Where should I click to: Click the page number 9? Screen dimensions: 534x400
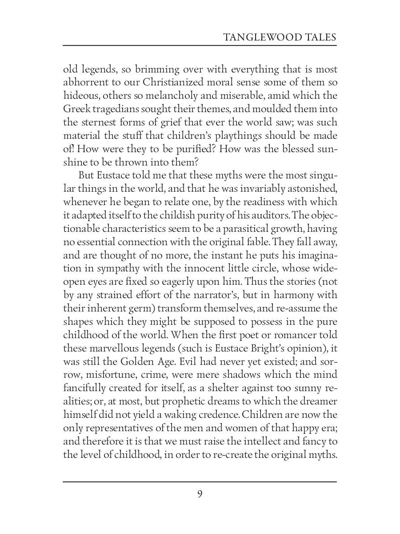200,494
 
